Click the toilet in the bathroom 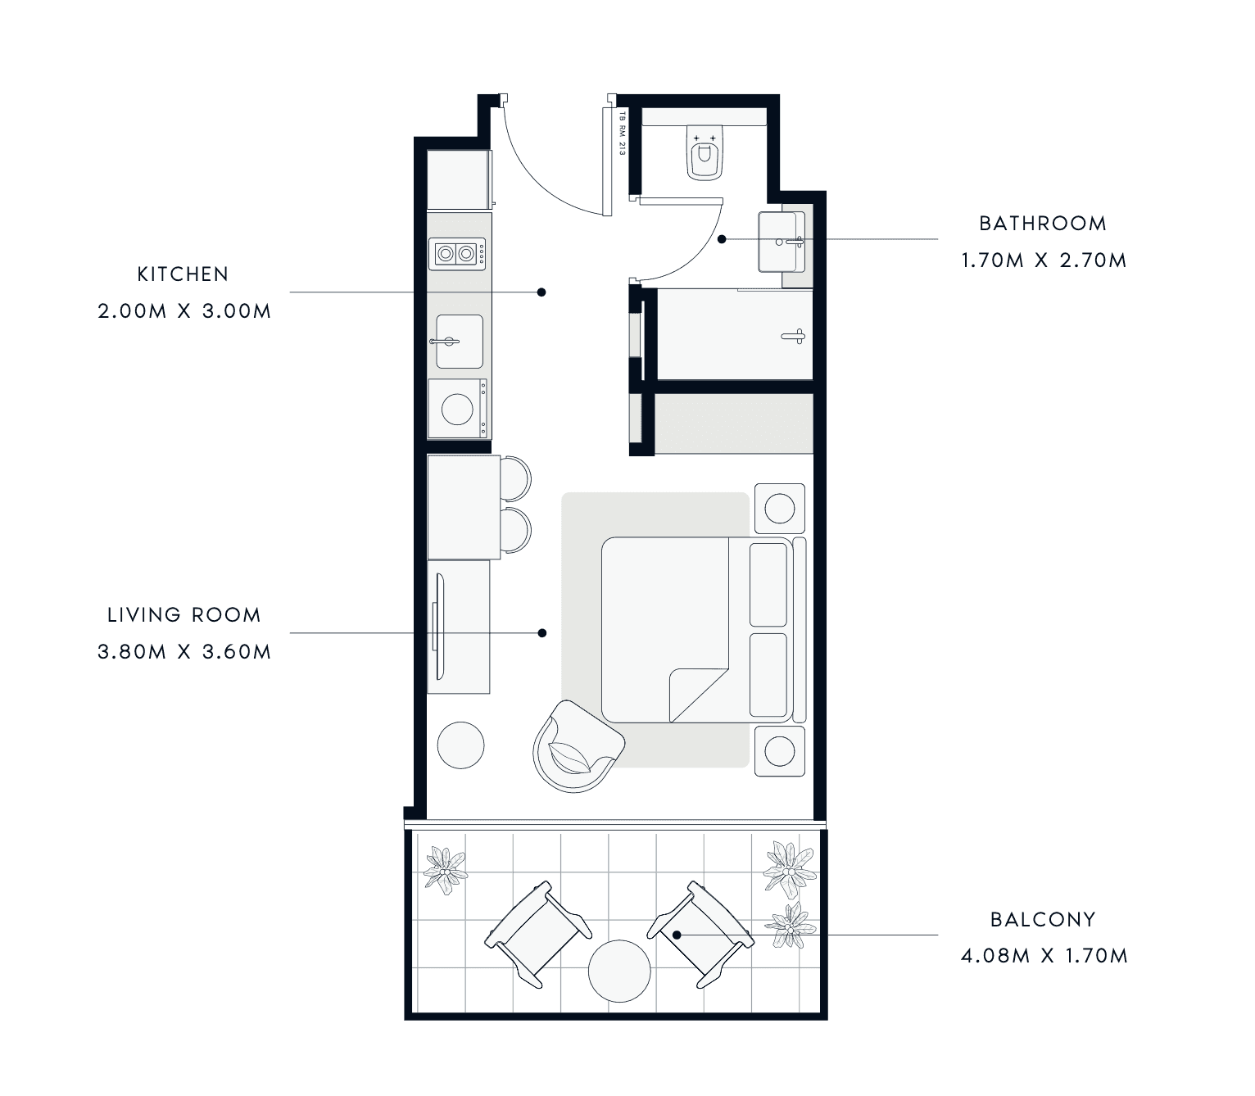pos(705,152)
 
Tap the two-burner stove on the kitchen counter pos(456,253)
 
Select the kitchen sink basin pos(460,341)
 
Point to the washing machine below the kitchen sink pos(458,409)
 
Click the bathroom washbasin pos(782,242)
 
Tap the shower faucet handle pos(794,336)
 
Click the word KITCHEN pos(183,274)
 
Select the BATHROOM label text pos(1043,224)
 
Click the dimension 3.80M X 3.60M pos(184,651)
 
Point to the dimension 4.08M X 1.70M pos(1044,956)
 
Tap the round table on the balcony pos(619,971)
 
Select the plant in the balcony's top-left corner pos(446,870)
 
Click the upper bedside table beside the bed pos(780,509)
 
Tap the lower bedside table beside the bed pos(780,751)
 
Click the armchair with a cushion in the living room pos(578,745)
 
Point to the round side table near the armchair pos(460,745)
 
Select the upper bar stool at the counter pos(515,478)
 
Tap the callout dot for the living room pos(541,633)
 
